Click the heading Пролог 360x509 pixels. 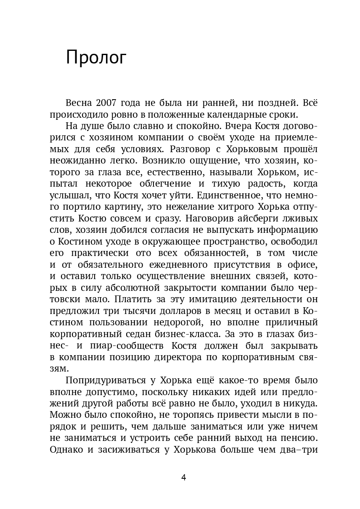click(x=96, y=57)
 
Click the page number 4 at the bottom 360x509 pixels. click(x=183, y=477)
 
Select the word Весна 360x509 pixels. click(x=79, y=103)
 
